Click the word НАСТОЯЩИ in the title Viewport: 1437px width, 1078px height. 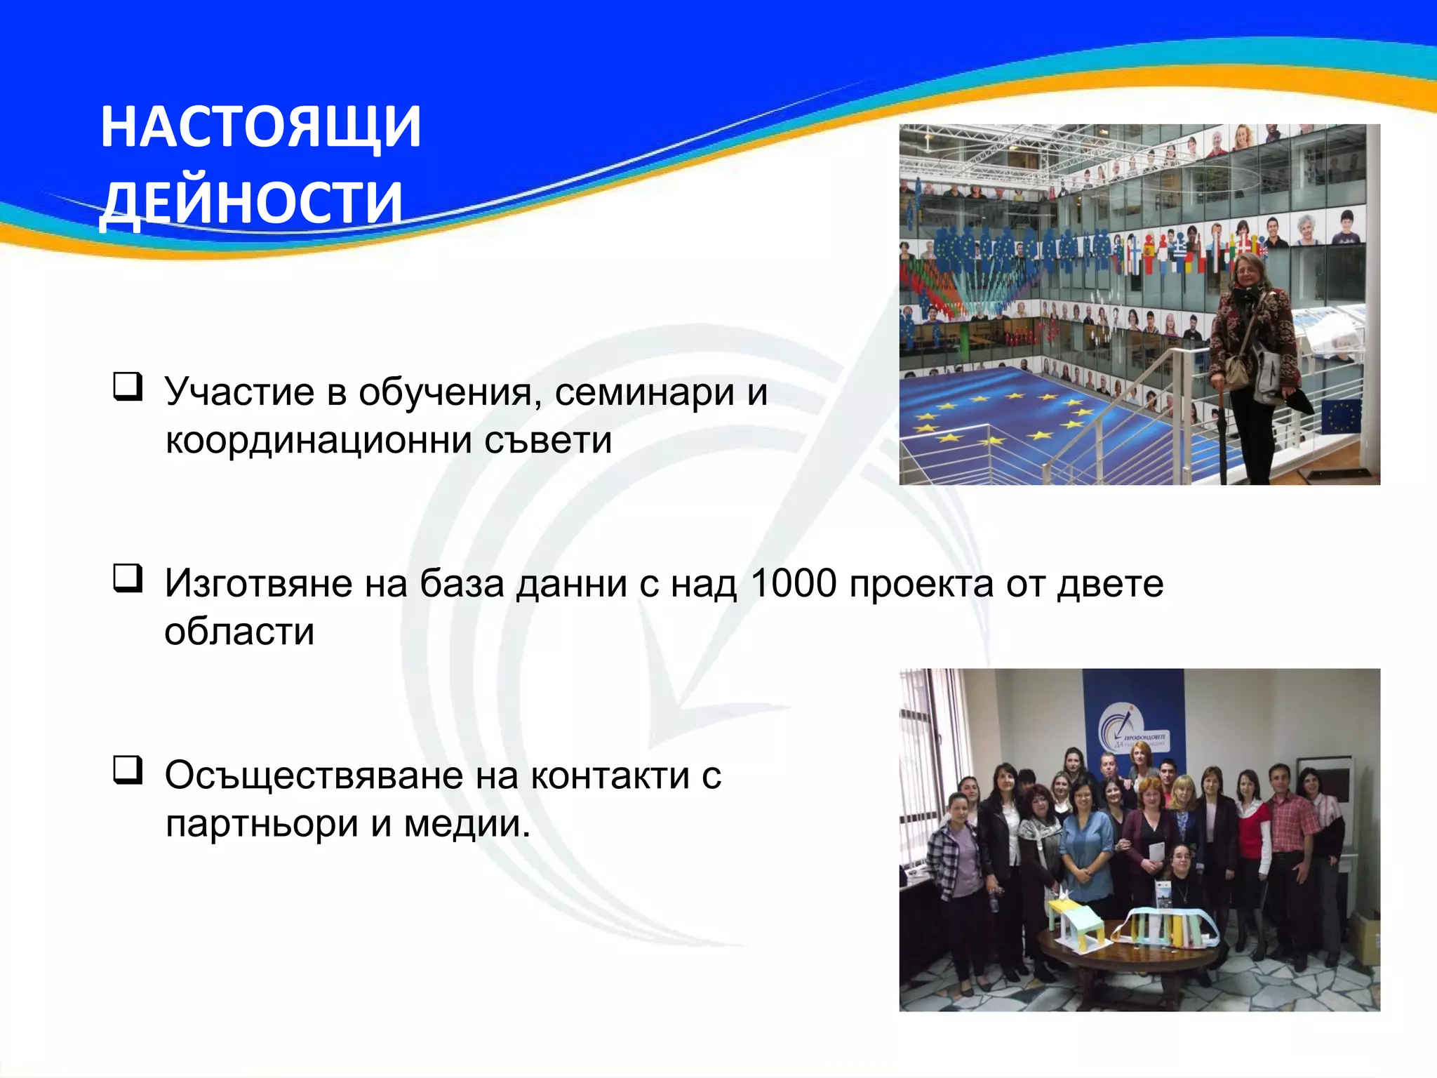point(260,128)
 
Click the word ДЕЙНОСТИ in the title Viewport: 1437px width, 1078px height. point(251,204)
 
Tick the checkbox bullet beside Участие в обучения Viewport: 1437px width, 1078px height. point(128,387)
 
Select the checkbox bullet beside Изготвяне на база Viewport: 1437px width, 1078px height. point(128,578)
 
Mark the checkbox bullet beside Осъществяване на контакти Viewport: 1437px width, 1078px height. point(128,770)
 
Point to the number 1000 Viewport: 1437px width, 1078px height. point(793,583)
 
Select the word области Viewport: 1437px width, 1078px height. point(239,632)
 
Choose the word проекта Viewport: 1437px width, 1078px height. point(921,583)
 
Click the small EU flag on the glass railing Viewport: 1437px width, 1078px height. point(1342,416)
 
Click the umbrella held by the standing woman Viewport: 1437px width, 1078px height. point(1222,435)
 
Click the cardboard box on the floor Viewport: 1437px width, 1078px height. point(1365,937)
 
